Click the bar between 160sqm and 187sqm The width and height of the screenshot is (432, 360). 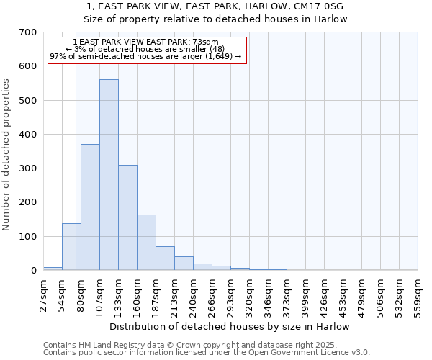[x=146, y=243]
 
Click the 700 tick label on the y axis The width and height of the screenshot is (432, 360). [x=28, y=32]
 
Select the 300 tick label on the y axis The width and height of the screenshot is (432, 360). [x=28, y=168]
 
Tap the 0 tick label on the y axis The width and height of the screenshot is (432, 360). [x=34, y=271]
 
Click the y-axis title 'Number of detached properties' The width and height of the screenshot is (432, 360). [x=7, y=155]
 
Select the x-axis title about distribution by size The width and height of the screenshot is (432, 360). [x=230, y=326]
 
